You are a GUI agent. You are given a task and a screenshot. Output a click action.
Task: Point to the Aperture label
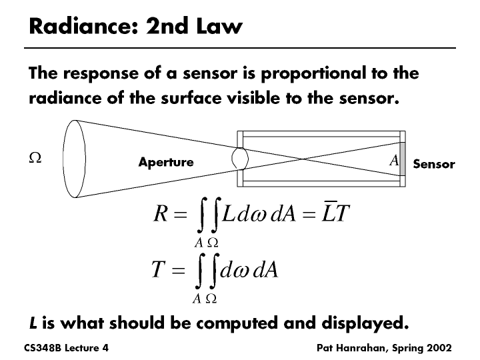166,162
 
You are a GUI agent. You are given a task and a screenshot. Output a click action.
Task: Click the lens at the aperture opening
240,159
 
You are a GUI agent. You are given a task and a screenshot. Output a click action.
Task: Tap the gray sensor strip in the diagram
402,159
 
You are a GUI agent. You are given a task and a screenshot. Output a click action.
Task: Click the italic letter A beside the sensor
393,160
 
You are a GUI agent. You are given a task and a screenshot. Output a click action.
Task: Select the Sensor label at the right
434,164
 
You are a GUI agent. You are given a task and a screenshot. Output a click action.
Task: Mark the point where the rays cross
305,159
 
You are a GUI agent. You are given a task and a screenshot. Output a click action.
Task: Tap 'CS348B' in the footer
41,349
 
